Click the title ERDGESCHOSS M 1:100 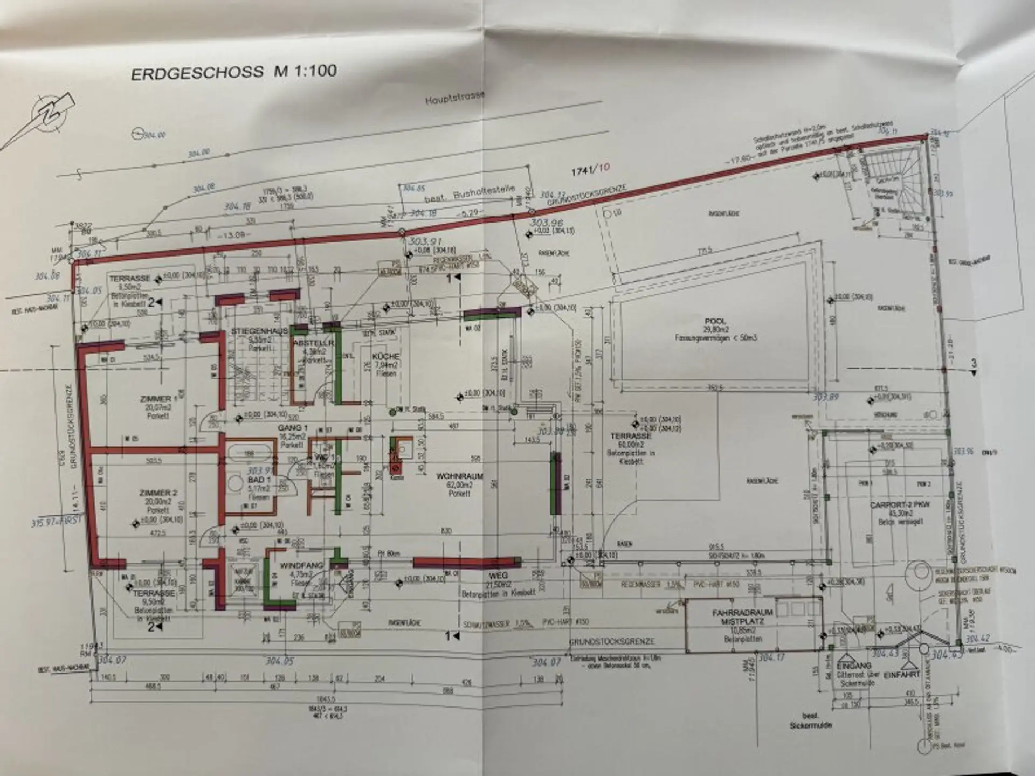pos(234,72)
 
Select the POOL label pos(715,321)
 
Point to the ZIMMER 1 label pos(158,399)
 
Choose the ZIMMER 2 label pos(158,493)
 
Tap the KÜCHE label pos(386,357)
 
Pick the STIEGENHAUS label pos(254,331)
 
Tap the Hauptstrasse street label pos(455,97)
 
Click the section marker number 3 pos(973,364)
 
